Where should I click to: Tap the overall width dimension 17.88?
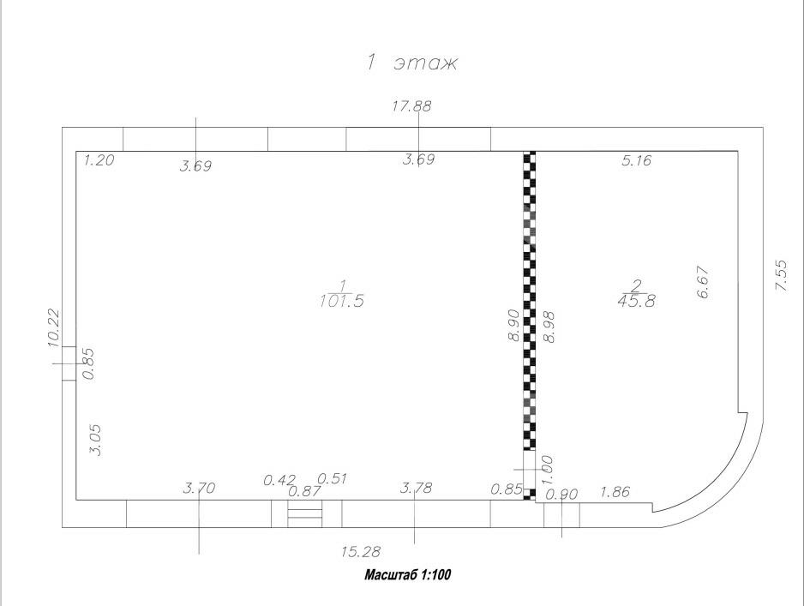[x=411, y=106]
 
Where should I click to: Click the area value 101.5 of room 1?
[x=341, y=300]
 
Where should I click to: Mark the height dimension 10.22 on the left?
[x=53, y=327]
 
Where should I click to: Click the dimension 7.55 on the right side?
[x=782, y=274]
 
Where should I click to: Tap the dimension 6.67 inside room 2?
[x=704, y=281]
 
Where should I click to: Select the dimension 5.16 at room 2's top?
[x=637, y=159]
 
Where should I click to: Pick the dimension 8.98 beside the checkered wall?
[x=549, y=327]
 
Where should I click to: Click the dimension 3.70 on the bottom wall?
[x=200, y=489]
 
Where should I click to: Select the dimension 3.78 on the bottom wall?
[x=417, y=489]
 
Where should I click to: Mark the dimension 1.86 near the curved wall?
[x=615, y=492]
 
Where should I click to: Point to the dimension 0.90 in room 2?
[x=563, y=494]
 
